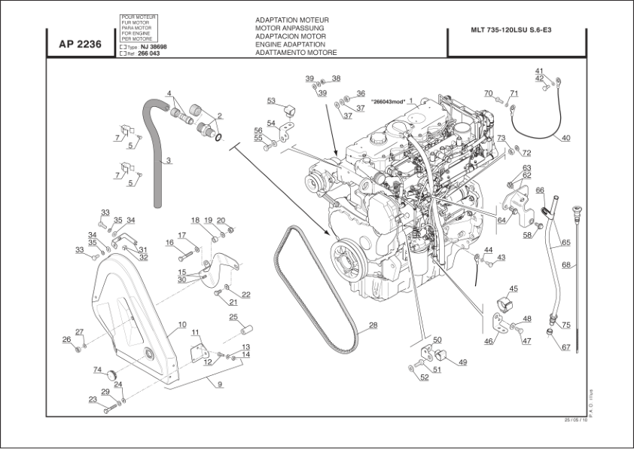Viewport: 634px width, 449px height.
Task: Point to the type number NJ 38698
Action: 154,47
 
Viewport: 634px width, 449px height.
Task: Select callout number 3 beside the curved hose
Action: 169,160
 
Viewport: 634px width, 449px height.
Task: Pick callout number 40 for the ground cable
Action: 565,137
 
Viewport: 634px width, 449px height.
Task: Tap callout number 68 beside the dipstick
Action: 565,264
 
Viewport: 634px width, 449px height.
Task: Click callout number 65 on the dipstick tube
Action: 565,243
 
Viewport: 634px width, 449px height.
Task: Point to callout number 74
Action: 97,369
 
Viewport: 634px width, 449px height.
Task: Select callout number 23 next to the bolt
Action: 93,399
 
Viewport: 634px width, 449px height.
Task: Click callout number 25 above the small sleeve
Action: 233,316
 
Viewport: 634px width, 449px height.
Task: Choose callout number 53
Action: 271,99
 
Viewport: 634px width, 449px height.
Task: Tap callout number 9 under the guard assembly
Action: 220,384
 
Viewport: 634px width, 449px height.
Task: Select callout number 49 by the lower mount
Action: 462,362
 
